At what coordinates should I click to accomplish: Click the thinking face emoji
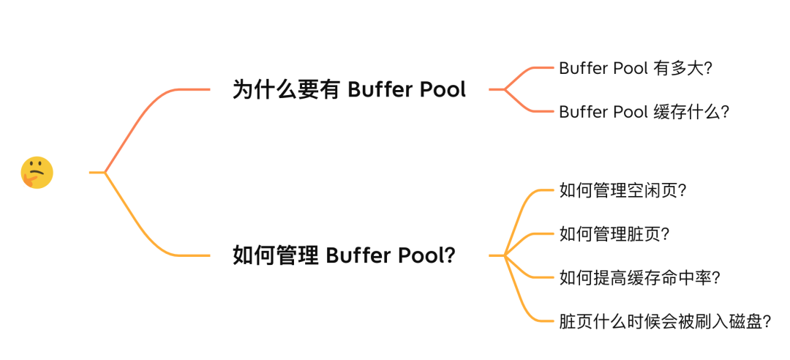coord(37,173)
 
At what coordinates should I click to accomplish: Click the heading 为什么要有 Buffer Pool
coord(349,90)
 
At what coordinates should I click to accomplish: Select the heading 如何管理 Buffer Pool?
coord(343,255)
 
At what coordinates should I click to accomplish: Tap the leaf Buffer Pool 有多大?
coord(636,68)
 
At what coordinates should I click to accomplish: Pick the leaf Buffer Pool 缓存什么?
coord(644,112)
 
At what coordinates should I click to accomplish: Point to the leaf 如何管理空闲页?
coord(622,190)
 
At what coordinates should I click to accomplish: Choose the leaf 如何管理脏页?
coord(614,234)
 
